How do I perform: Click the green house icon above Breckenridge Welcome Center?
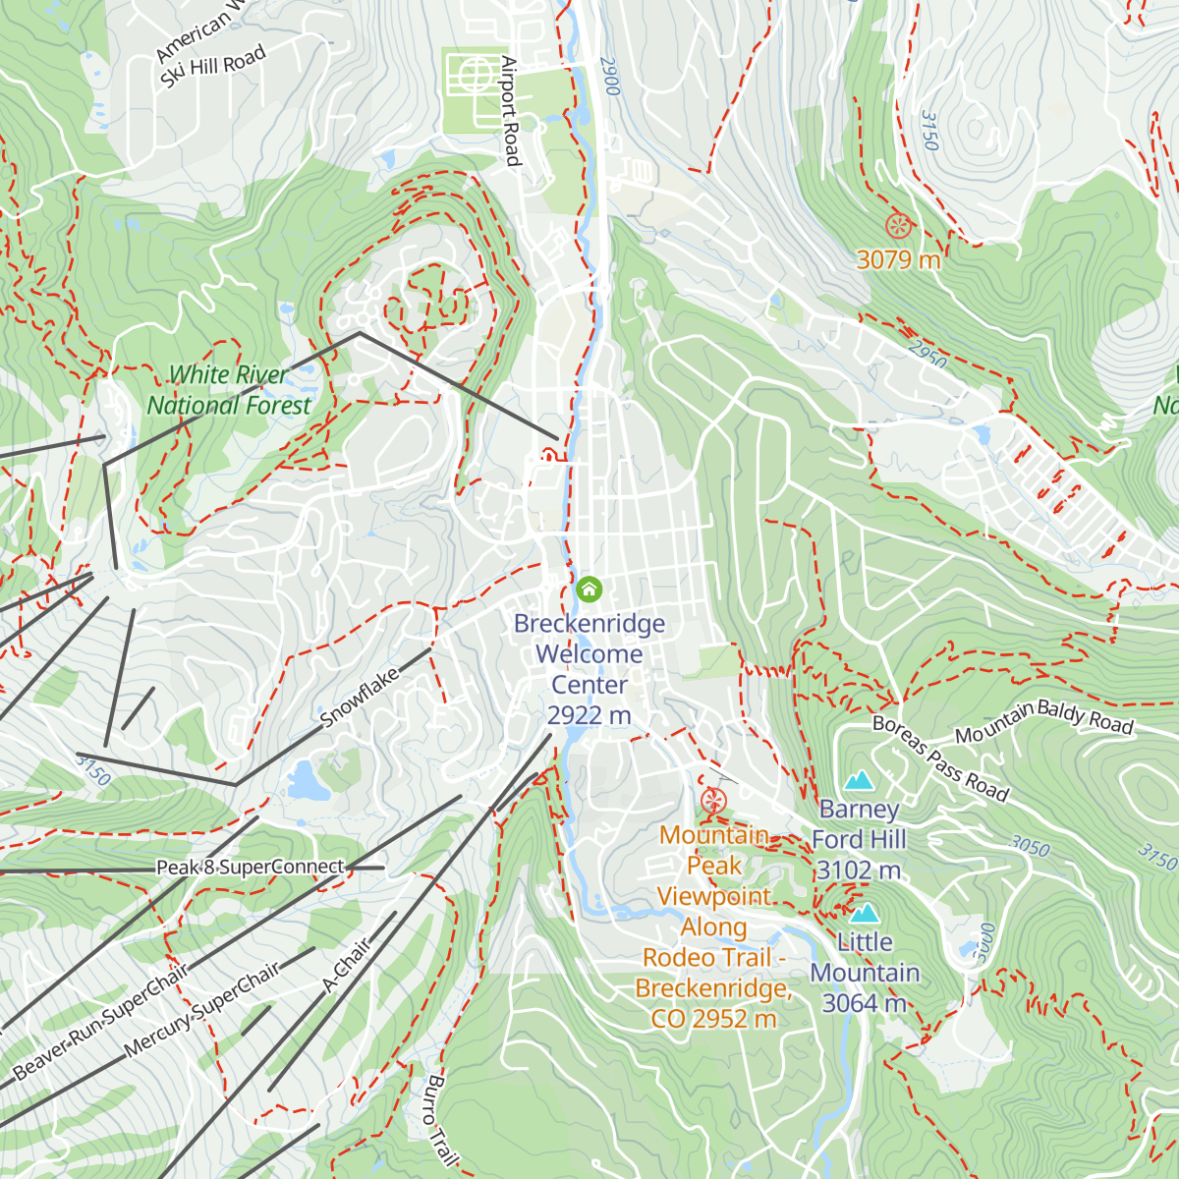[589, 589]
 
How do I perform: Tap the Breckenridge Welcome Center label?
[589, 669]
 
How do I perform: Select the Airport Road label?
[510, 110]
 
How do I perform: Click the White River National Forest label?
[229, 390]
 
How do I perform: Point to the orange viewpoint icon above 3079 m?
[897, 226]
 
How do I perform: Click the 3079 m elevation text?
[898, 260]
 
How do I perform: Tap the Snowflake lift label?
[361, 697]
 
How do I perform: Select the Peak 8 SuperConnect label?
[251, 868]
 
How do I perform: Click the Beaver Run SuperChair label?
[101, 1023]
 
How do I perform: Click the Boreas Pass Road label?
[940, 758]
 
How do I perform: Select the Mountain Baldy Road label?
[1043, 722]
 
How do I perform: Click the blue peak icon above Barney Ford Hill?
[860, 781]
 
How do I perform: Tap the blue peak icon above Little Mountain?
[865, 914]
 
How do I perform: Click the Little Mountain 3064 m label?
[865, 973]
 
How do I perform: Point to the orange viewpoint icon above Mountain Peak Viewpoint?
[714, 800]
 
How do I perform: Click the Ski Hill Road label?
[213, 69]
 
